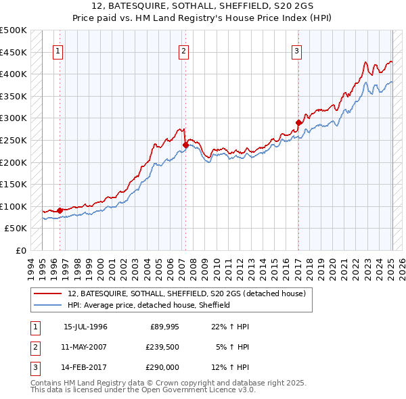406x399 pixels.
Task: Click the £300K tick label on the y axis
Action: click(x=14, y=118)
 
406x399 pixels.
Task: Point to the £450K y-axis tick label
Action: click(x=14, y=52)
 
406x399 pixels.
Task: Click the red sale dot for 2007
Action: click(x=185, y=144)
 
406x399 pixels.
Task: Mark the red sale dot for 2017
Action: click(x=298, y=122)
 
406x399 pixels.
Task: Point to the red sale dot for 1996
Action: click(x=60, y=210)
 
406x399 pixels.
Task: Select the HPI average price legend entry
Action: click(x=149, y=305)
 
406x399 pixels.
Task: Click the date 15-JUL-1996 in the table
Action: click(x=85, y=327)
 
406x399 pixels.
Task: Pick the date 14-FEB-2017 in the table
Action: click(x=85, y=368)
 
